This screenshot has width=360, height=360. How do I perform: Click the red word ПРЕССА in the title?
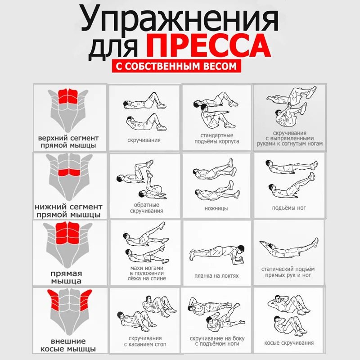point(209,45)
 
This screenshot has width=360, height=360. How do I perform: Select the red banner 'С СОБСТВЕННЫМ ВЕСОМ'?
point(176,66)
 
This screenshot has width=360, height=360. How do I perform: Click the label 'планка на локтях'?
point(216,276)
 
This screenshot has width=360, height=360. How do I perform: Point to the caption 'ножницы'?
point(216,208)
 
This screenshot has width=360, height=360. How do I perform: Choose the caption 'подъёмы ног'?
point(289,208)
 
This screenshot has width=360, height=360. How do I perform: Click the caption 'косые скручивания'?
point(289,343)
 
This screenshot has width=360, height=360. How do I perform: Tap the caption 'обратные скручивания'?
point(147,208)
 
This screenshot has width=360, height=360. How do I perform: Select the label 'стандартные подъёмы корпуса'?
point(217,139)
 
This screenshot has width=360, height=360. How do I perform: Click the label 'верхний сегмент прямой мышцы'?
point(68,142)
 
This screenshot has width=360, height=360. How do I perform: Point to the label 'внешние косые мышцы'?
point(68,345)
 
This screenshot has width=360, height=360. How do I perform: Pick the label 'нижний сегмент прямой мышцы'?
point(68,211)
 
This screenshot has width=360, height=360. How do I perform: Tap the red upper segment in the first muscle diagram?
point(68,96)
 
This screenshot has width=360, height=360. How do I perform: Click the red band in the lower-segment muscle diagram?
point(69,172)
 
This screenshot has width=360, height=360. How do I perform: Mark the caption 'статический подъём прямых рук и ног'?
point(288,272)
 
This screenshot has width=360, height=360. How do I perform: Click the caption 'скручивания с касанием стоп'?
point(145,341)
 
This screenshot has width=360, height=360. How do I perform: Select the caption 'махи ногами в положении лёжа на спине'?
point(147,273)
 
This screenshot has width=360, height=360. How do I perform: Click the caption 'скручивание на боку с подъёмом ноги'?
point(217,341)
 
